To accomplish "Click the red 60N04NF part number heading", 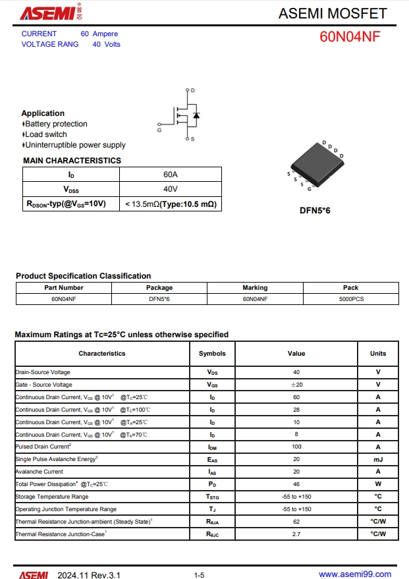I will click(350, 37).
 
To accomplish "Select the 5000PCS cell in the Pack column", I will click(351, 299).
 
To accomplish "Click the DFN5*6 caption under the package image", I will click(315, 211).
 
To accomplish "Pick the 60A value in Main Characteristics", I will click(171, 175).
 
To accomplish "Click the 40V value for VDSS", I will click(171, 189).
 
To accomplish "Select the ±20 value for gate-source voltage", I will click(296, 385).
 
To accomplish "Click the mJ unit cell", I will click(378, 459).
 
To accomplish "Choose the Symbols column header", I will click(212, 354).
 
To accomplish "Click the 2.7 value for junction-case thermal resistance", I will click(296, 534).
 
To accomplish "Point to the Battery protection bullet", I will click(56, 124).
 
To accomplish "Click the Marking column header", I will click(255, 288).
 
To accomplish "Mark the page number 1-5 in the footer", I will click(199, 575).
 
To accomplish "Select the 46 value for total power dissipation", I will click(296, 484).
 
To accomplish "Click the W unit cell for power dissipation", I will click(378, 484).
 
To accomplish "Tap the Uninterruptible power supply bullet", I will click(75, 145).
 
